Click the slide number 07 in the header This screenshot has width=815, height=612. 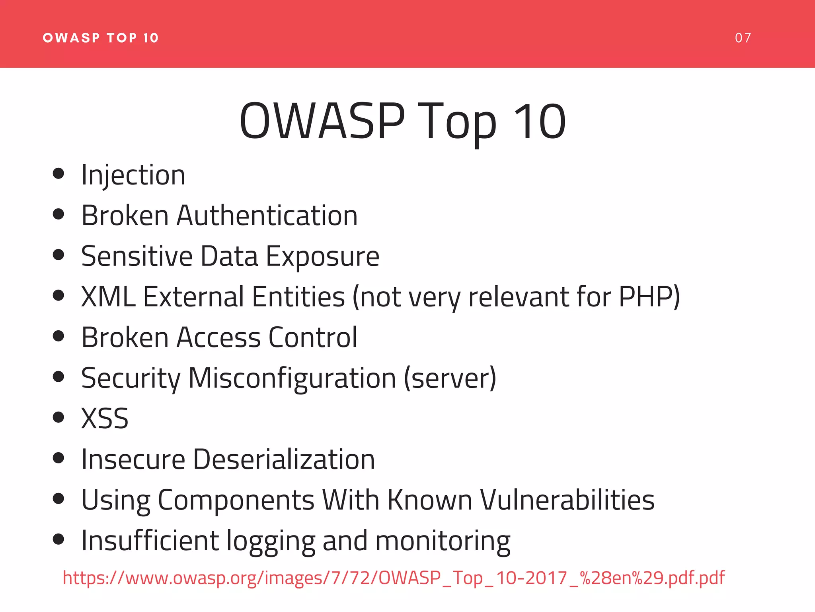743,38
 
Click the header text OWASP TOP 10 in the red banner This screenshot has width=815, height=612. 101,38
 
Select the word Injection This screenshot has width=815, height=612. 133,175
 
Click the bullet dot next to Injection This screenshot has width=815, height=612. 58,173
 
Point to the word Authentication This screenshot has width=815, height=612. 267,216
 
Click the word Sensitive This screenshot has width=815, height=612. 137,256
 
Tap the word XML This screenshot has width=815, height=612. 108,297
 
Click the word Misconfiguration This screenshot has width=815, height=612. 292,378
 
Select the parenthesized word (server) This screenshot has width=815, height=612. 450,378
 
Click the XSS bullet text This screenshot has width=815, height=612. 105,419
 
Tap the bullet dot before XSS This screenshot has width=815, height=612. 58,417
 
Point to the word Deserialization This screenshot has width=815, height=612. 284,459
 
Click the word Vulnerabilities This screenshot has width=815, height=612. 567,500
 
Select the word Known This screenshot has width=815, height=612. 430,500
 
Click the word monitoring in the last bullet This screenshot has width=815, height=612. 443,541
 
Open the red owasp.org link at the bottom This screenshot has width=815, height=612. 394,578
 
